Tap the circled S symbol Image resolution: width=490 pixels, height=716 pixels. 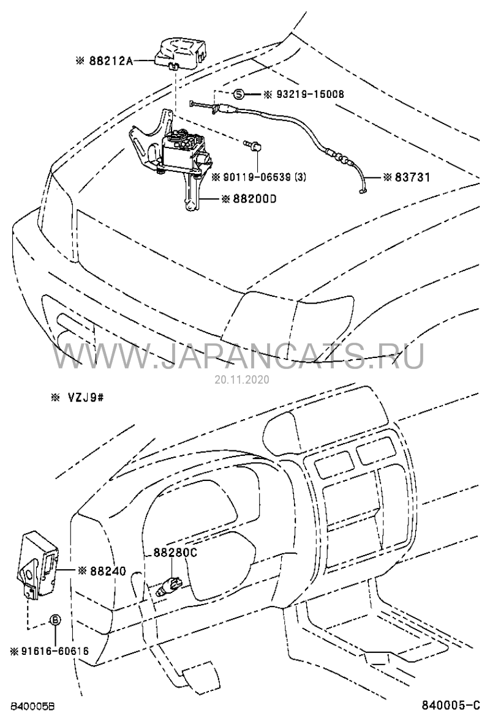coord(239,94)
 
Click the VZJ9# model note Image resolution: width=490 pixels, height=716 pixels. coord(84,398)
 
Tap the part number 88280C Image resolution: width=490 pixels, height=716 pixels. coord(171,553)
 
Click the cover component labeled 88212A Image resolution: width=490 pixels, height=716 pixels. coord(180,53)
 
